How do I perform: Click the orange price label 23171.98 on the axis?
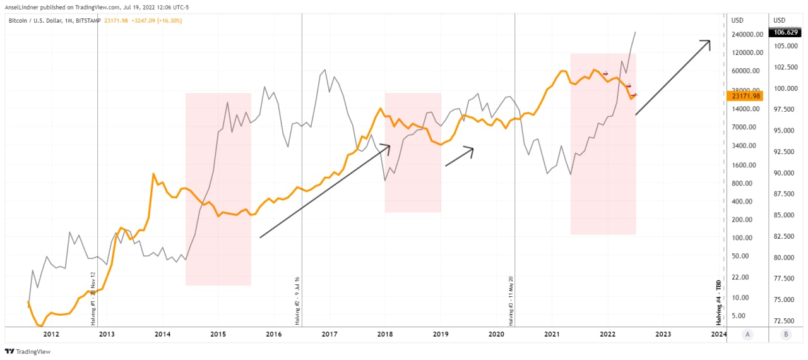coord(746,96)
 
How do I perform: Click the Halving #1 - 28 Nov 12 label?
coord(93,298)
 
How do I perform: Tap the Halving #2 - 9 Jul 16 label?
coord(297,301)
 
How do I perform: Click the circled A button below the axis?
coord(747,335)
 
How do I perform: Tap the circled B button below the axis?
coord(785,335)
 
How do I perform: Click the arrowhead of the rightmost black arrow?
coord(708,43)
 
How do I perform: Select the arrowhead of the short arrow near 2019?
coord(470,150)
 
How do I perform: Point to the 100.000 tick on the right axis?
coord(785,88)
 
